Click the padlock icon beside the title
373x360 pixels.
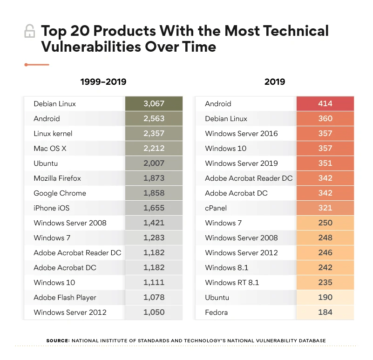point(29,32)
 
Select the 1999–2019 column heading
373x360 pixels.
point(103,82)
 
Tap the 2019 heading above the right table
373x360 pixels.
point(275,82)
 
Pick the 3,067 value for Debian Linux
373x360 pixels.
point(154,104)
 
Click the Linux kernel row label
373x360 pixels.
point(53,134)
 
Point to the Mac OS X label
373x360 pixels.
point(50,149)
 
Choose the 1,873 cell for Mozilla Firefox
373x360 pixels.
point(154,178)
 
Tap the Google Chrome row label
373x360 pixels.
point(60,193)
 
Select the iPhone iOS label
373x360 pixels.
point(51,208)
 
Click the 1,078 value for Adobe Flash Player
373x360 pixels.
point(154,298)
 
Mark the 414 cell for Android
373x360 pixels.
point(325,104)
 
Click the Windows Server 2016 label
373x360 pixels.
point(241,134)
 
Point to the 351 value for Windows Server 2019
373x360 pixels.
point(325,163)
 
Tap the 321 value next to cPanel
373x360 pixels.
point(325,208)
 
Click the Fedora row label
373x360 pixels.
point(217,312)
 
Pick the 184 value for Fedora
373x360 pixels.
point(325,312)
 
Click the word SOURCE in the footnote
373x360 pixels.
point(57,341)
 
